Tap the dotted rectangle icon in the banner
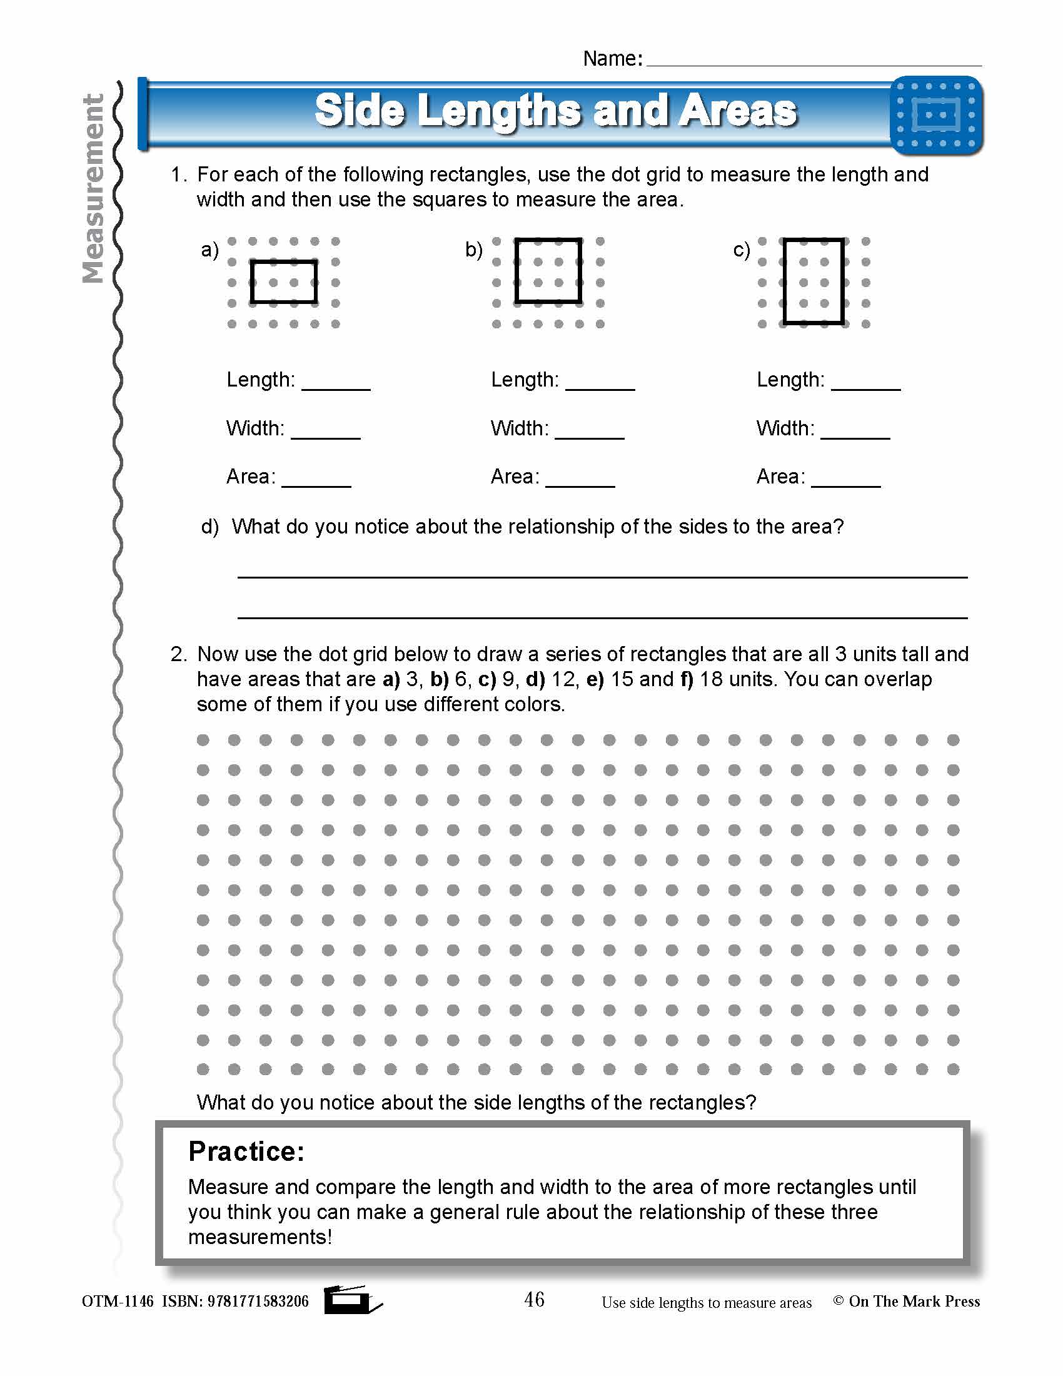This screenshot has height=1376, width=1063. point(936,115)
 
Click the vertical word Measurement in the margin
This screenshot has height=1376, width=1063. point(93,189)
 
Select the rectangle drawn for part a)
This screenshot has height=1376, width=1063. point(283,281)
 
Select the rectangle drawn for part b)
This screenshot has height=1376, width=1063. point(548,271)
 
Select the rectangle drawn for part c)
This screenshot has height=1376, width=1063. point(813,281)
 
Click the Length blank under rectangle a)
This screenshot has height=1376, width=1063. point(336,383)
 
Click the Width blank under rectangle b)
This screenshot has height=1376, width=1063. point(590,432)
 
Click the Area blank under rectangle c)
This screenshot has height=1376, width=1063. point(846,480)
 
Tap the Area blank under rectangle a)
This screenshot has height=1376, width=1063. point(316,480)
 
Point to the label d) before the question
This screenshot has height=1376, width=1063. point(209,527)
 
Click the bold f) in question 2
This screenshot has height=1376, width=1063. point(687,679)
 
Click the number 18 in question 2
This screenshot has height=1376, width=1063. point(712,679)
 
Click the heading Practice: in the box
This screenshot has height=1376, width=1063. point(246,1151)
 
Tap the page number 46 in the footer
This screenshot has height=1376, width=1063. point(534,1299)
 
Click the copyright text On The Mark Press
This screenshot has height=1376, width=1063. point(914,1302)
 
